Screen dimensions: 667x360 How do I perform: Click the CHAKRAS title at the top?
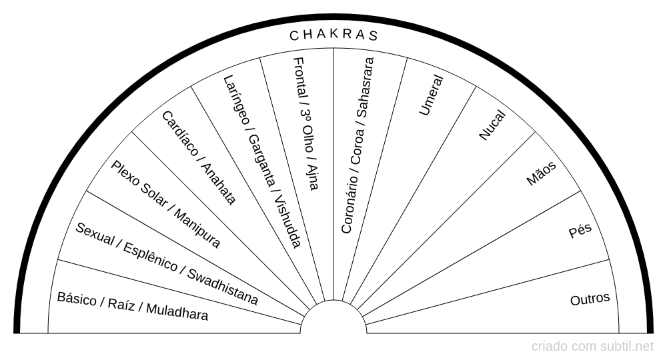[x=333, y=35]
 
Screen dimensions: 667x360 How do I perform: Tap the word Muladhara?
[x=177, y=311]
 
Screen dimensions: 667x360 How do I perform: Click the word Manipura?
[x=197, y=229]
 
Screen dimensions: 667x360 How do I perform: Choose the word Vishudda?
[x=288, y=221]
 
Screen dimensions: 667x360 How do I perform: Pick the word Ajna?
[x=312, y=177]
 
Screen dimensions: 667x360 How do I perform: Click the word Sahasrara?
[x=365, y=87]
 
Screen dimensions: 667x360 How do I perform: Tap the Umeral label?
[x=432, y=95]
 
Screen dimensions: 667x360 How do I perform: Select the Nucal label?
[x=492, y=125]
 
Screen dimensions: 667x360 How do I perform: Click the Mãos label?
[x=541, y=173]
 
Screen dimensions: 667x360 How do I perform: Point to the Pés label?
[x=580, y=231]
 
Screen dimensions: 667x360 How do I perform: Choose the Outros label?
[x=590, y=299]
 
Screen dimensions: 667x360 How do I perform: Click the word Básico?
[x=77, y=299]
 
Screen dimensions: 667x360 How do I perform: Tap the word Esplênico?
[x=150, y=257]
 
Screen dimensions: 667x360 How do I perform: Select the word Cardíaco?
[x=180, y=133]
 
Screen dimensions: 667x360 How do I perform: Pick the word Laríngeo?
[x=237, y=100]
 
